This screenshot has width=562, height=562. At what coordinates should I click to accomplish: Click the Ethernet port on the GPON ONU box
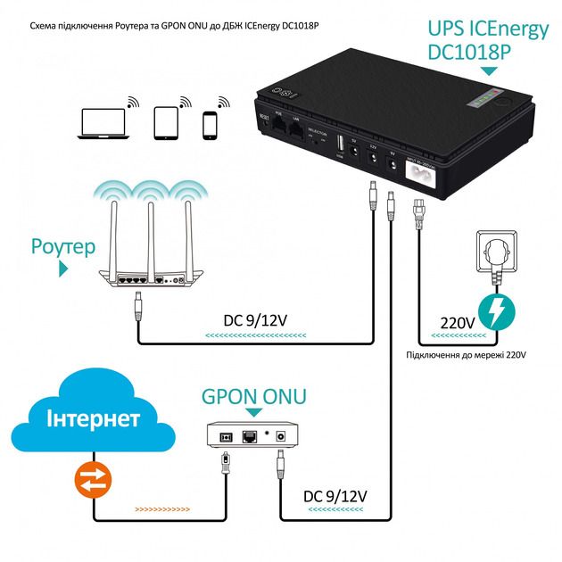pos(252,434)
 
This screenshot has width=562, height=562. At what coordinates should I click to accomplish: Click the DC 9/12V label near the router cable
pos(257,319)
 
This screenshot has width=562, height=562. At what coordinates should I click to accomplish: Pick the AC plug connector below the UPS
pos(415,214)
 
